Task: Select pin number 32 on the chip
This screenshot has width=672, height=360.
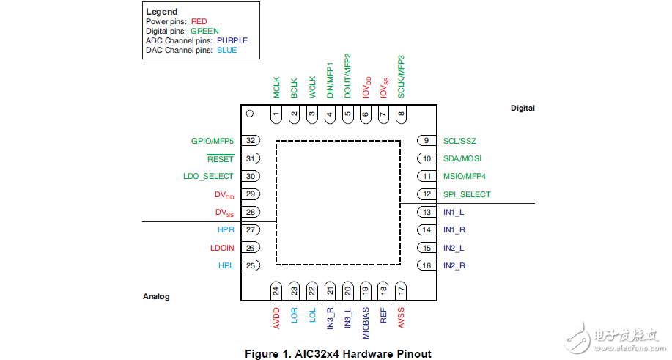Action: (251, 141)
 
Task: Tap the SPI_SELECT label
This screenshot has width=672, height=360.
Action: (467, 194)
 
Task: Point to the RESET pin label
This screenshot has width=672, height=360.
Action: (221, 158)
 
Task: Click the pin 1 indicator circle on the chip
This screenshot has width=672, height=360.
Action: (249, 114)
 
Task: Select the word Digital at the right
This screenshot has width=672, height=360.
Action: (523, 109)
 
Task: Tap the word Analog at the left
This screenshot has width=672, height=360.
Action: (155, 297)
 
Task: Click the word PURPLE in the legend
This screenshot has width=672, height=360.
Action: (232, 40)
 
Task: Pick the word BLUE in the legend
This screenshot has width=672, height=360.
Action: (226, 50)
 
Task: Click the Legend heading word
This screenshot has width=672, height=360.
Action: (161, 12)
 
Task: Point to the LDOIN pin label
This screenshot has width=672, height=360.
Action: (222, 248)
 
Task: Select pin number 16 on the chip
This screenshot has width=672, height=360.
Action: (425, 265)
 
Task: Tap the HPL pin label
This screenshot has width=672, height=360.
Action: (226, 265)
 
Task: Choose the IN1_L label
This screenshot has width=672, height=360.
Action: (454, 212)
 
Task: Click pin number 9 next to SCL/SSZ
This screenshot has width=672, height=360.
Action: (425, 141)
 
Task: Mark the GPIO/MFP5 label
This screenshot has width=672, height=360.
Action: (213, 141)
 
